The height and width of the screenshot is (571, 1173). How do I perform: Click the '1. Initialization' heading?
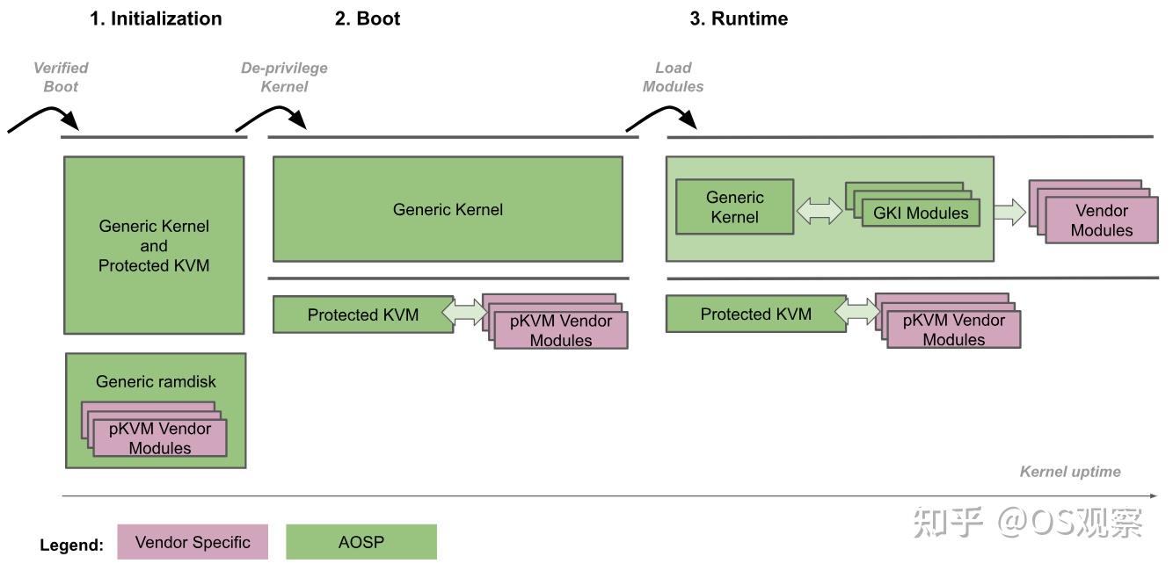click(156, 18)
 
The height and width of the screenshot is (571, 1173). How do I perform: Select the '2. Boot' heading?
click(368, 18)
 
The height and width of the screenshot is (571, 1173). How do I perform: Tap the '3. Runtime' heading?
click(739, 18)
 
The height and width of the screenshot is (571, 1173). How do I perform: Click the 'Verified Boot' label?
click(61, 77)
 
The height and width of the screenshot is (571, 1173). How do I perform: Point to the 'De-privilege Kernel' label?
click(284, 77)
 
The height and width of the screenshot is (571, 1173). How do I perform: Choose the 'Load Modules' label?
click(674, 77)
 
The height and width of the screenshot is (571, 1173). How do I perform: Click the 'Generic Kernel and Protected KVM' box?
click(154, 245)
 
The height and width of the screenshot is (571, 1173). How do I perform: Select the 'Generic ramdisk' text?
click(156, 381)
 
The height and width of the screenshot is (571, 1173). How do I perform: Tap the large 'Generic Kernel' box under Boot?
click(448, 209)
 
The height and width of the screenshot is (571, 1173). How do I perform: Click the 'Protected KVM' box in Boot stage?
click(362, 314)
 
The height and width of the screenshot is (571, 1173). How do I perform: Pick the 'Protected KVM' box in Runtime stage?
click(755, 314)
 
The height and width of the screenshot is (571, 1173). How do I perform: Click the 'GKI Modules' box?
click(920, 213)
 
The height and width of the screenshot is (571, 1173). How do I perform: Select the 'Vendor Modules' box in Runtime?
click(1101, 220)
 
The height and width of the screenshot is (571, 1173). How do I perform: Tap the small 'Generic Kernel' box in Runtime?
click(734, 207)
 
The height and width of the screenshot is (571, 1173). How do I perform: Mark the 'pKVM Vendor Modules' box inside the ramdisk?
click(160, 437)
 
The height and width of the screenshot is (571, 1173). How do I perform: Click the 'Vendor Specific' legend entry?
click(193, 542)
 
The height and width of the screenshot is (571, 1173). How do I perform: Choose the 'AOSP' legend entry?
click(361, 542)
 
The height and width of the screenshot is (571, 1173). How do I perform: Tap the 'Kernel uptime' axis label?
click(1069, 472)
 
